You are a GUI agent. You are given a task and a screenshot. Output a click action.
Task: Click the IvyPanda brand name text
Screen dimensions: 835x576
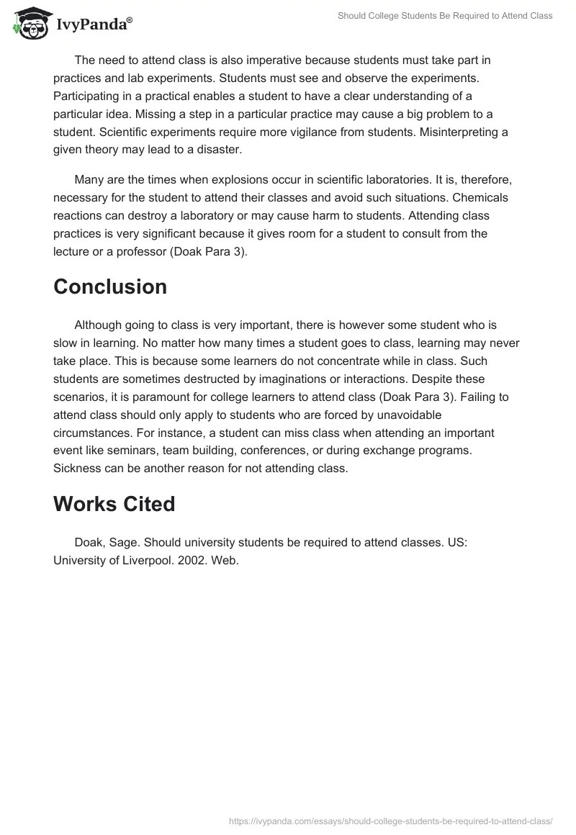pyautogui.click(x=94, y=24)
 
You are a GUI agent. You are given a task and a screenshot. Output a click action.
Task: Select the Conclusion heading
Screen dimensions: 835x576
pyautogui.click(x=110, y=286)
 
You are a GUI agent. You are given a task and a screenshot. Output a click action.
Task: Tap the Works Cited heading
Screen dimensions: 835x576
pyautogui.click(x=114, y=504)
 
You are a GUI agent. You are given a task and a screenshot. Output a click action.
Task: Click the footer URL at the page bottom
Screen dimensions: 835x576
pyautogui.click(x=391, y=820)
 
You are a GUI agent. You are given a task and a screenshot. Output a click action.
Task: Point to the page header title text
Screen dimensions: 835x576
pyautogui.click(x=445, y=16)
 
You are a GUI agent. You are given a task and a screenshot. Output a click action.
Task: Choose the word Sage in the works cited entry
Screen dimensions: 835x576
pyautogui.click(x=120, y=542)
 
